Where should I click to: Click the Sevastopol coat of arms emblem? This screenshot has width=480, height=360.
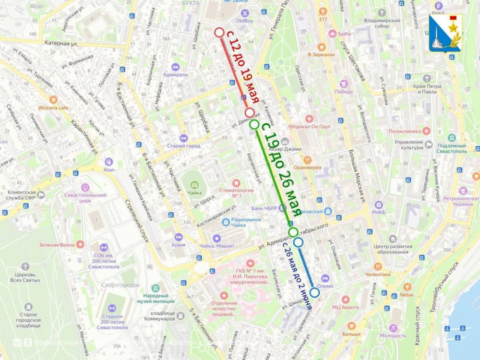(445, 33)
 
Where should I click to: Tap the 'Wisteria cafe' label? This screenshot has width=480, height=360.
(54, 108)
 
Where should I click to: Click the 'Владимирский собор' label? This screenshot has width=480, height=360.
(382, 24)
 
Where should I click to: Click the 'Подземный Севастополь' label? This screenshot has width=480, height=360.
(451, 148)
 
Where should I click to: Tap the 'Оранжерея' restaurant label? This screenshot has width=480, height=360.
(308, 168)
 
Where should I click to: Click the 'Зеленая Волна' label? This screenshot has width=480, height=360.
(57, 245)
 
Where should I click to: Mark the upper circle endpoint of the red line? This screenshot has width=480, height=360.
(219, 33)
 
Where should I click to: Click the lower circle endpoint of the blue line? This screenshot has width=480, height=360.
(314, 292)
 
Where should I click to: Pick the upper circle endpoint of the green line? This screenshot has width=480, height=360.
(254, 125)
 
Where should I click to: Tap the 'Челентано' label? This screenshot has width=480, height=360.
(378, 275)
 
